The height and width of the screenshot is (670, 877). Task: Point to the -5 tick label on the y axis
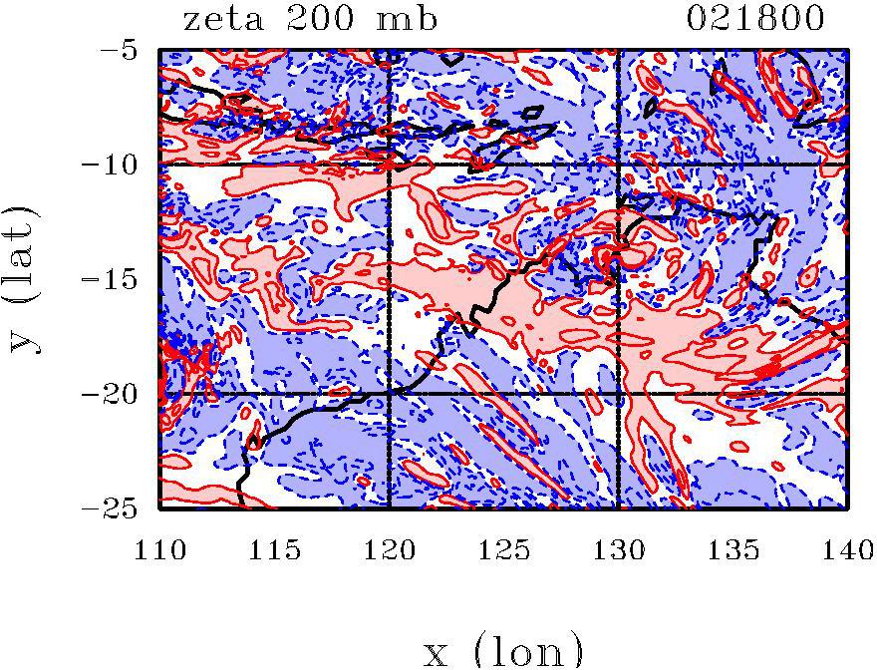coord(128,49)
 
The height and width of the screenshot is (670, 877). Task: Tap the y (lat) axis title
coord(27,279)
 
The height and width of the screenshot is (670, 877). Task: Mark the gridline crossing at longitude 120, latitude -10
coord(389,164)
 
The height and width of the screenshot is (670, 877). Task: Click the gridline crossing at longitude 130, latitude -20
coord(618,394)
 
